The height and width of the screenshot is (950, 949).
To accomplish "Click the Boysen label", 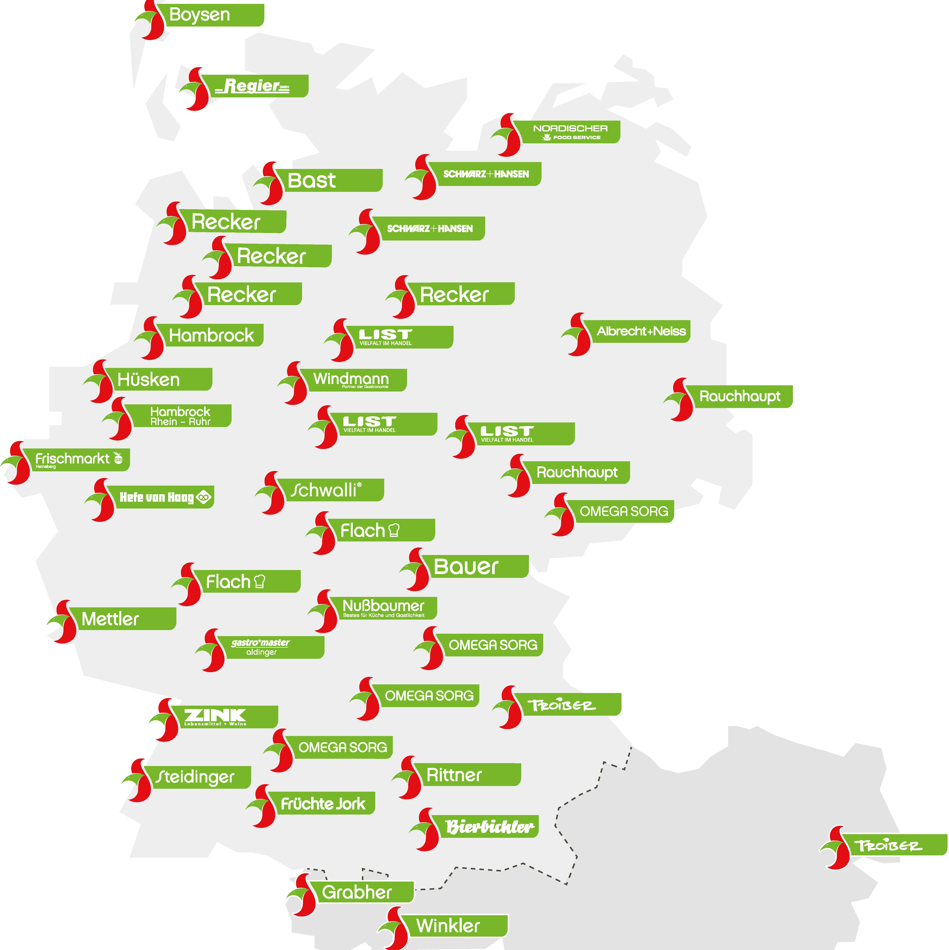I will (x=214, y=15).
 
